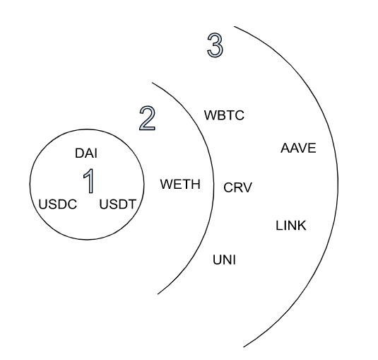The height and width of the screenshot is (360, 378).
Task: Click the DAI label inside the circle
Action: pos(86,153)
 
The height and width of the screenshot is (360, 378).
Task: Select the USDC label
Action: pos(58,204)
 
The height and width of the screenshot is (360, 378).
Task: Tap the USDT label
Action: pos(118,204)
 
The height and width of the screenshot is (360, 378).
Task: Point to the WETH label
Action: pos(180,184)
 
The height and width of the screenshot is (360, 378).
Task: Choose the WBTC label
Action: pos(224,115)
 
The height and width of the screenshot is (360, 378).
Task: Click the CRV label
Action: pos(237,187)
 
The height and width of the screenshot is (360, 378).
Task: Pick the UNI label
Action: pos(224,260)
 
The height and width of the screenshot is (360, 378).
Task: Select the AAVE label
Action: pos(298,148)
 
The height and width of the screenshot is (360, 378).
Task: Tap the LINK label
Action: pos(291,226)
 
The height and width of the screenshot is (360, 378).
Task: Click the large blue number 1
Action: pos(89,181)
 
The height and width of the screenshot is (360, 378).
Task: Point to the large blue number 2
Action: pos(147,119)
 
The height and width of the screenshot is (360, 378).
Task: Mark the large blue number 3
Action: pos(215,45)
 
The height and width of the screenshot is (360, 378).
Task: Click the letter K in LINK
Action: pos(302,226)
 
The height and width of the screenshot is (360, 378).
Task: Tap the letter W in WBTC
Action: pos(210,115)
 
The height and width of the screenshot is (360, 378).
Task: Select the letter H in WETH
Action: pos(196,184)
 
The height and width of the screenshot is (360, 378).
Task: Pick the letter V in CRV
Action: pos(247,187)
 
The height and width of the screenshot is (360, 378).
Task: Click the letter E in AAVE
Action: pos(312,148)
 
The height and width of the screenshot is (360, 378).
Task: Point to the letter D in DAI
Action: pos(79,153)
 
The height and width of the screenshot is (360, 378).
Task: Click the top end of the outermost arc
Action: pos(234,26)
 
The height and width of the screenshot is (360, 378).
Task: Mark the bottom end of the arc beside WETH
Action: pos(158,294)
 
